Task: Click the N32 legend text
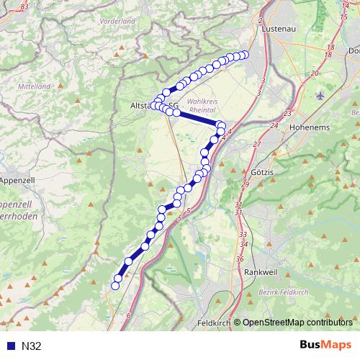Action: tap(32, 346)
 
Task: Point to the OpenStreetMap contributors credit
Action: tap(297, 323)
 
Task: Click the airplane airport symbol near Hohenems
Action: tap(320, 94)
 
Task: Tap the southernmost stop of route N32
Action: tap(114, 286)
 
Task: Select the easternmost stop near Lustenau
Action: tap(244, 55)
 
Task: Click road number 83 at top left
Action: tap(26, 6)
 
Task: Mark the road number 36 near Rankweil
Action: tap(240, 258)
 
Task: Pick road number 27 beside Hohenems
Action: tap(256, 144)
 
